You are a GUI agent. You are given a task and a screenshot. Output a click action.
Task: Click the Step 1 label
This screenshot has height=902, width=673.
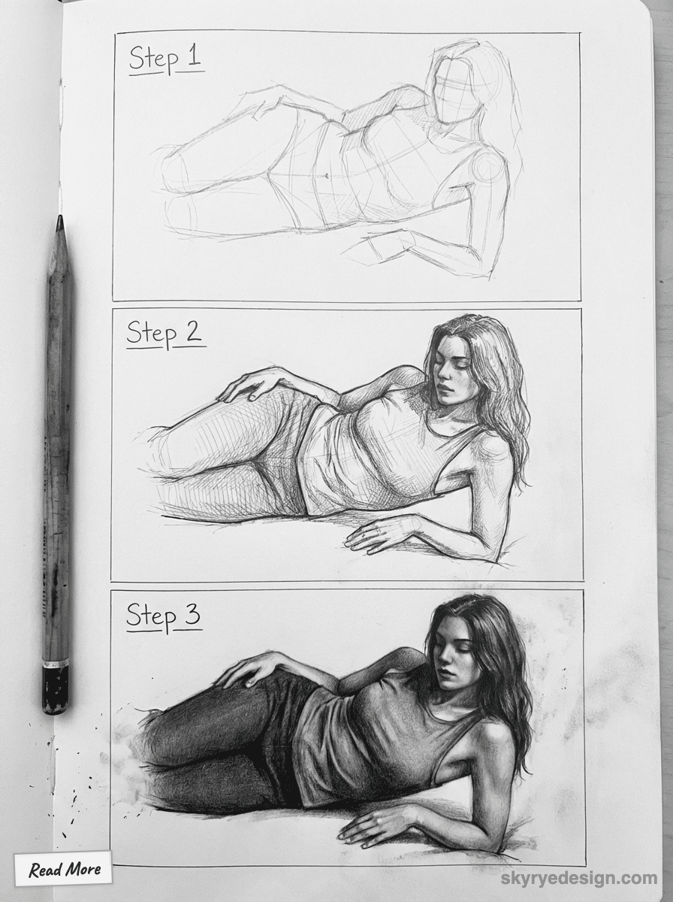point(165,59)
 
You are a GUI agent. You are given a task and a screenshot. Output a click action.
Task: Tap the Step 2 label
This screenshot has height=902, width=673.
point(164,333)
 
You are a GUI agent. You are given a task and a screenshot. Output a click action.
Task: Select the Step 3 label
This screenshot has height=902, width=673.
point(164,616)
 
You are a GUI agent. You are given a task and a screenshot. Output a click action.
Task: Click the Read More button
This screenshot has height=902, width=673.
point(64,870)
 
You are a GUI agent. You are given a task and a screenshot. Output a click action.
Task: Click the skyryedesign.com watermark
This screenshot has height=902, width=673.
point(579,878)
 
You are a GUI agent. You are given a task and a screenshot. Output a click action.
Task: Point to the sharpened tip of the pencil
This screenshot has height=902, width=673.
point(59,221)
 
